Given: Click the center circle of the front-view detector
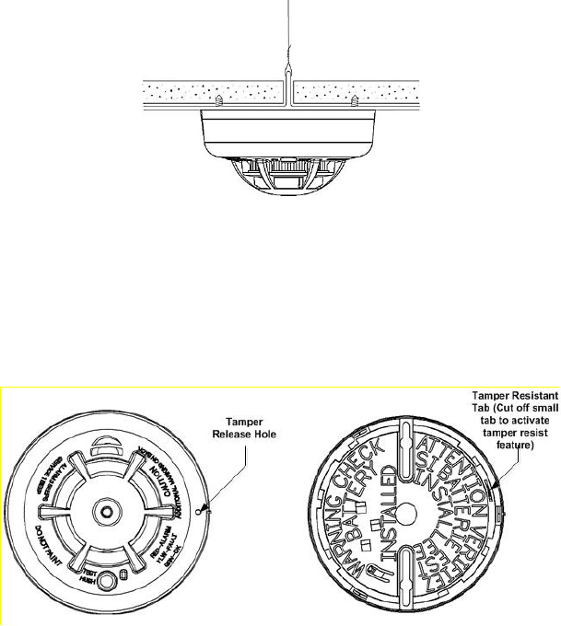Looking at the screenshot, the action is tap(108, 509).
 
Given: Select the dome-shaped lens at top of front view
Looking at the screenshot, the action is tap(108, 451).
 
